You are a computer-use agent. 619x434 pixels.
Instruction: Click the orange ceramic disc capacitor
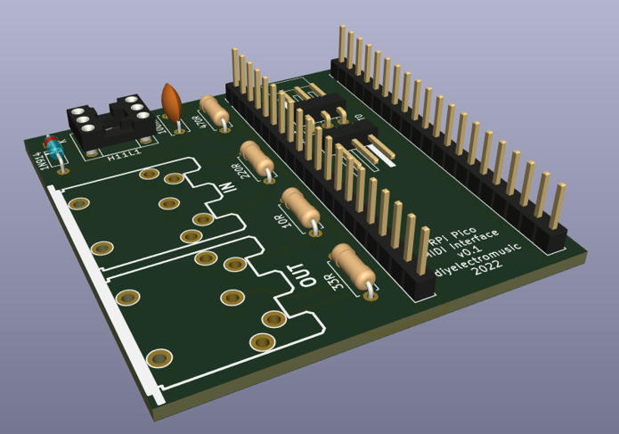(x=171, y=102)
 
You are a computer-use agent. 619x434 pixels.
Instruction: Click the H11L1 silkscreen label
(x=124, y=157)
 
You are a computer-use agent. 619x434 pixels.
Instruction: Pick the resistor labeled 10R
(x=300, y=209)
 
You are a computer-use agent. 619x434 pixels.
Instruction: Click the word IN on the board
(x=227, y=189)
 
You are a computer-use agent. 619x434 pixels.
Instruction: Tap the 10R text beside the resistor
(x=286, y=221)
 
